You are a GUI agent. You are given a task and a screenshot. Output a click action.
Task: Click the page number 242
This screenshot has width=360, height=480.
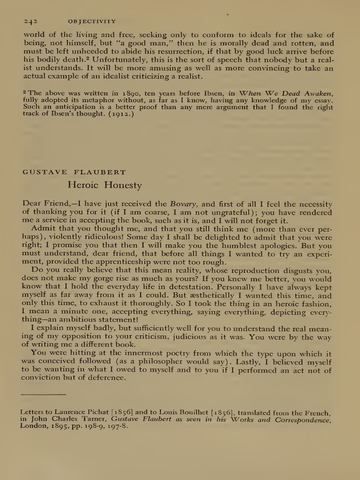coord(30,22)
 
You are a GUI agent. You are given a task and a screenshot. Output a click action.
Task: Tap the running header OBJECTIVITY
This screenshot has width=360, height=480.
coord(92,22)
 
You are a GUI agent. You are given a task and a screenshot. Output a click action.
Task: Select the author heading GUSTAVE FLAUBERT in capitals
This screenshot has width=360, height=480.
coord(74,172)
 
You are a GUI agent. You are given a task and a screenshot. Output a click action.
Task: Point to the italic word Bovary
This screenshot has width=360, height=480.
coord(184,204)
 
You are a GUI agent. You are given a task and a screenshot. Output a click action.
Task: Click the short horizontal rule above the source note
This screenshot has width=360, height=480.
coord(44,394)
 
